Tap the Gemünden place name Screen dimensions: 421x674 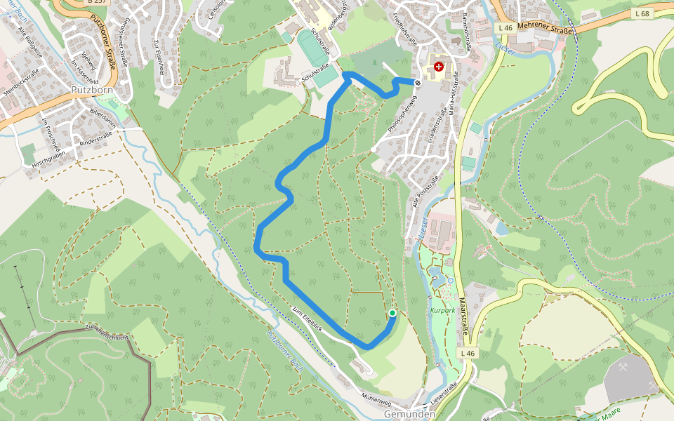pyautogui.click(x=409, y=414)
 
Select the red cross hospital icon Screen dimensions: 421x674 pyautogui.click(x=439, y=67)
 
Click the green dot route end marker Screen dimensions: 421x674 pyautogui.click(x=392, y=313)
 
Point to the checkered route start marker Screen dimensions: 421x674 pyautogui.click(x=418, y=83)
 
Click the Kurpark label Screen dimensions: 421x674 pyautogui.click(x=443, y=309)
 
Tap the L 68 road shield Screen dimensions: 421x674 pyautogui.click(x=642, y=13)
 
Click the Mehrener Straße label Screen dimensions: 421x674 pyautogui.click(x=545, y=27)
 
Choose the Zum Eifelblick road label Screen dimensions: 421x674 pyautogui.click(x=308, y=320)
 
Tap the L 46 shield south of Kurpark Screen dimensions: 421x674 pyautogui.click(x=468, y=353)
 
